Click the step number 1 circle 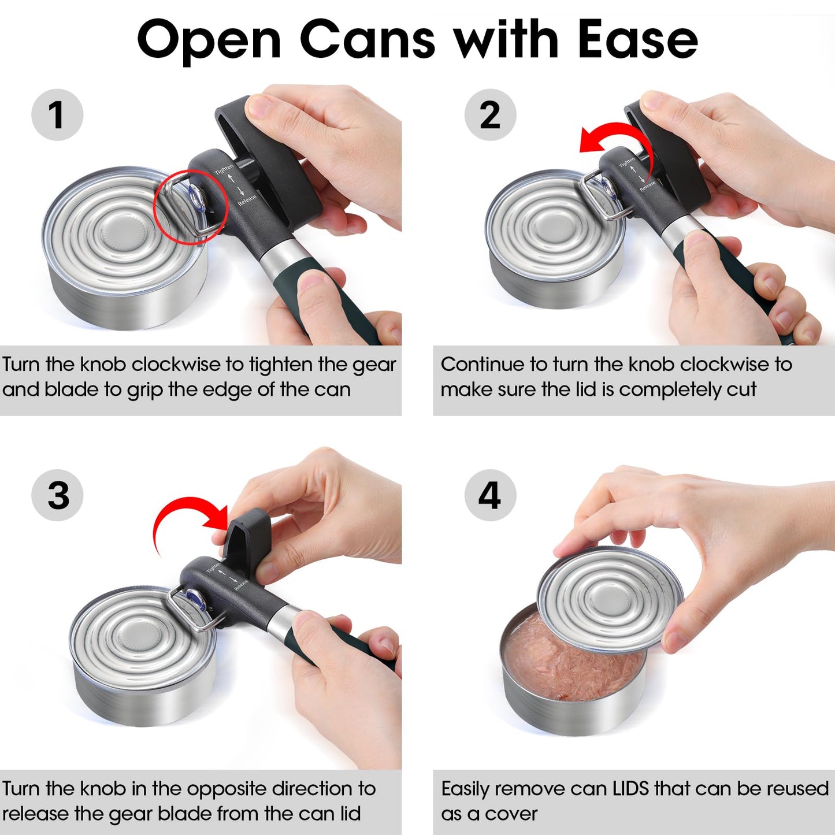coord(57,114)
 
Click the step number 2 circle coord(490,114)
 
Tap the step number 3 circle coord(57,495)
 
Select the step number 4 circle coord(490,495)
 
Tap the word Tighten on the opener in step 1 coord(224,169)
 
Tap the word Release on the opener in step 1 coord(247,200)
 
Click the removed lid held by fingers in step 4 coord(610,598)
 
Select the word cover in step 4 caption coord(511,814)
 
